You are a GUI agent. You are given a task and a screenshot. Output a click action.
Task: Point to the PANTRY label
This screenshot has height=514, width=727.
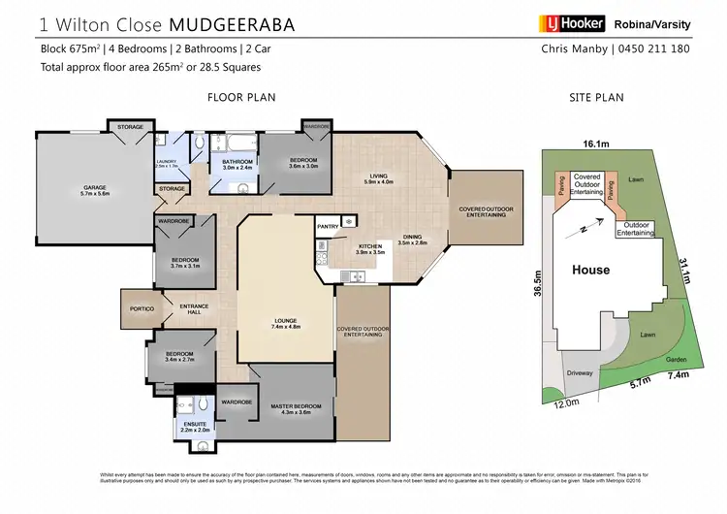pos(327,226)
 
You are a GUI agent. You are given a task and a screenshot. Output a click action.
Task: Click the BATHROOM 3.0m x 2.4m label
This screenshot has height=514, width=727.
pos(237,164)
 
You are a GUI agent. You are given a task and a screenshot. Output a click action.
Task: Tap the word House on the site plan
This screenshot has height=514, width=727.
pos(589,269)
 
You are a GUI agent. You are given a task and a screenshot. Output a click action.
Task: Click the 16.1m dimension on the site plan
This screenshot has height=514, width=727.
pos(596,144)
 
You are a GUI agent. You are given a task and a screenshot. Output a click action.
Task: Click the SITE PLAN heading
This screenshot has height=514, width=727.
pos(596,97)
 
